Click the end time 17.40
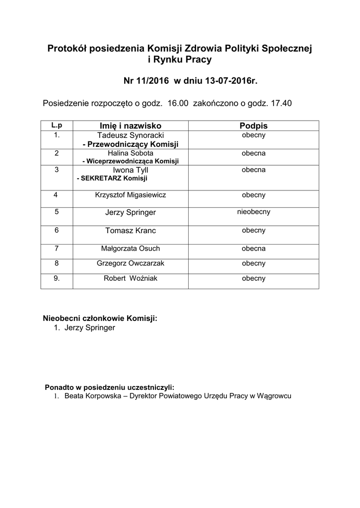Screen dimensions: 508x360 point(281,104)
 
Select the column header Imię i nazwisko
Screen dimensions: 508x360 point(131,126)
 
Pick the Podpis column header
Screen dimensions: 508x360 point(253,126)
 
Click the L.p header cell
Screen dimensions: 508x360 point(57,125)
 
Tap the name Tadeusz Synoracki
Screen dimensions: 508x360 point(131,135)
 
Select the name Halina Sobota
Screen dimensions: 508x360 point(131,153)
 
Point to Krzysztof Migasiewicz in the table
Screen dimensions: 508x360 point(131,195)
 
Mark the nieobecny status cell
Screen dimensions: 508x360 point(253,211)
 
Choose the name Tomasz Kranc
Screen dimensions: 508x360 point(131,231)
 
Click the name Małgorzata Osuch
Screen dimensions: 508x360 point(131,249)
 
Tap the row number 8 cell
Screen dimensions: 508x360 point(57,263)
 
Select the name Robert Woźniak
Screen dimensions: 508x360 point(131,278)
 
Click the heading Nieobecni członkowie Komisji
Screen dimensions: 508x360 point(100,318)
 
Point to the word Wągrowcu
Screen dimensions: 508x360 point(273,396)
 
